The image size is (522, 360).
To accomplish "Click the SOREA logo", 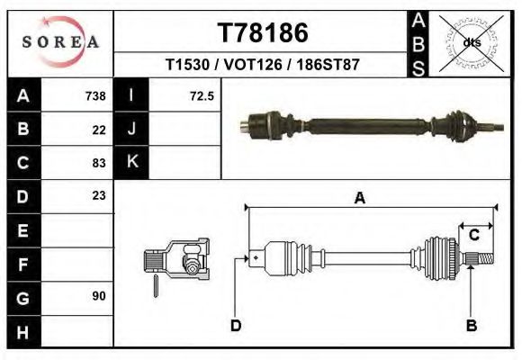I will (x=59, y=42).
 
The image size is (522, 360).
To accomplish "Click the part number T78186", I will (x=263, y=33).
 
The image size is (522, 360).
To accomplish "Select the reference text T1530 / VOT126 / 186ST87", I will (x=263, y=66).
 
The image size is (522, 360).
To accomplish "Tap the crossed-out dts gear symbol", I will (x=471, y=41).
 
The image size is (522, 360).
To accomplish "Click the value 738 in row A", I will (x=95, y=95).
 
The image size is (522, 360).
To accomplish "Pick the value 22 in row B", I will (x=99, y=129).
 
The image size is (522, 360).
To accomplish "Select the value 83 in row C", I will (x=99, y=163).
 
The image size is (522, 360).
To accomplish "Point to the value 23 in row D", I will (x=99, y=195).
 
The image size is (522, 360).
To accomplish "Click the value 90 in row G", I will (x=99, y=295).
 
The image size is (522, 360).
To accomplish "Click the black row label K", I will (x=131, y=162).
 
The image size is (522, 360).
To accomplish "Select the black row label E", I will (x=22, y=229).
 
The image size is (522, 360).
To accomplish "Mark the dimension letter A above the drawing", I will (x=359, y=199).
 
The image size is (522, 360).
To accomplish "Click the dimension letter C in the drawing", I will (x=473, y=235).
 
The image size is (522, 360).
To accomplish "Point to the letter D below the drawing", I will (x=235, y=326).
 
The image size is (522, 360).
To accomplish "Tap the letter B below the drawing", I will (x=471, y=326).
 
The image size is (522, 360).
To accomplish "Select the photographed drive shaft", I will (x=370, y=122).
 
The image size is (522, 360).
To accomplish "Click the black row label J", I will (x=131, y=129).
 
